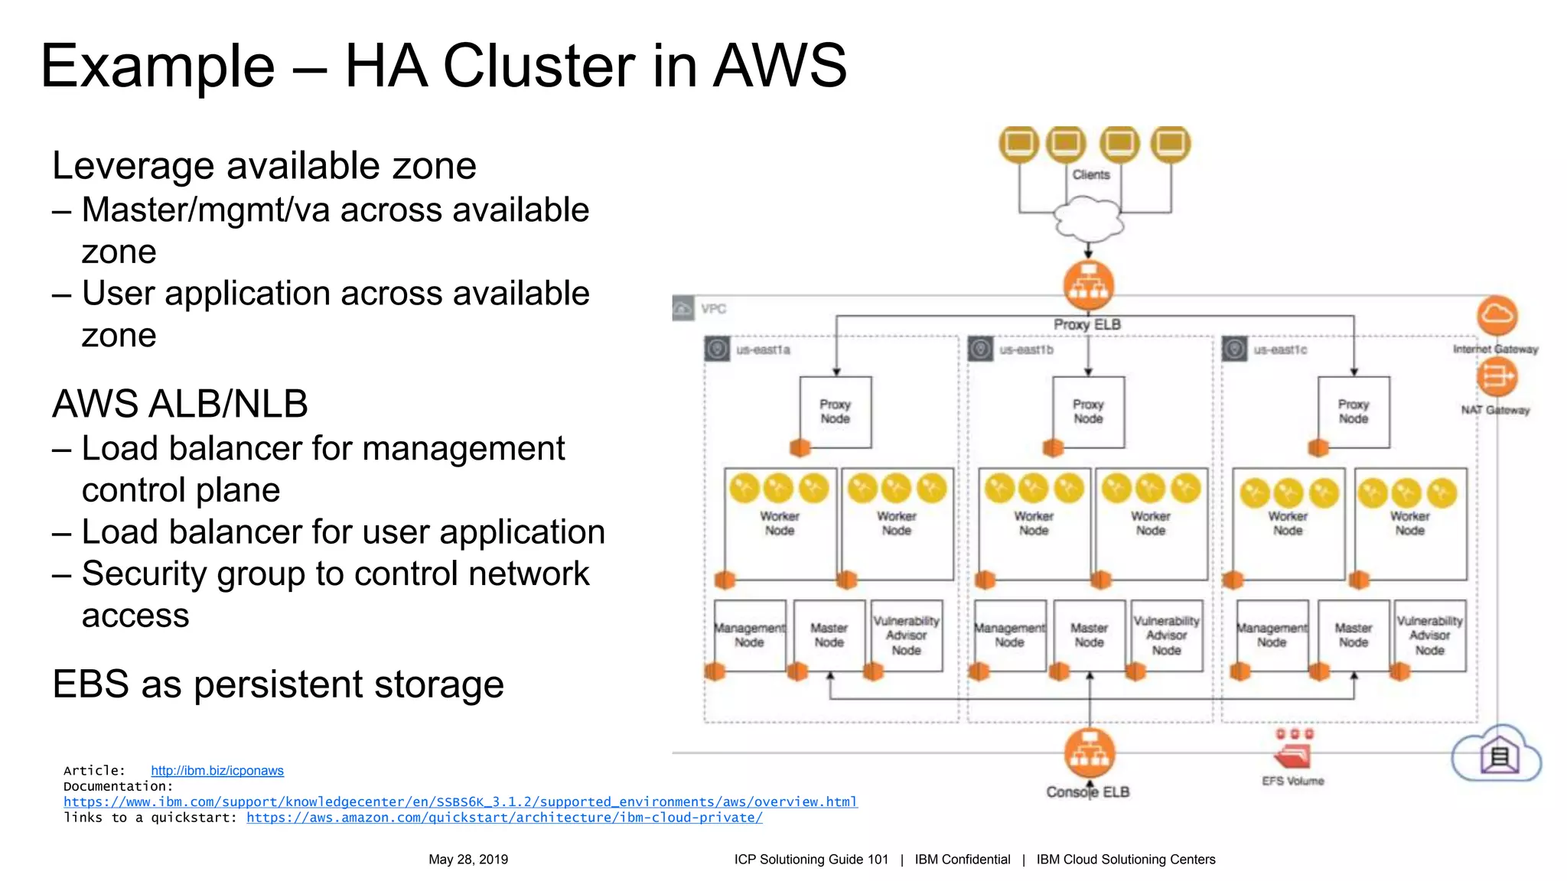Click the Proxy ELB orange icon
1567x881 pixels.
[1088, 285]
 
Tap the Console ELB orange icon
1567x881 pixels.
[1089, 753]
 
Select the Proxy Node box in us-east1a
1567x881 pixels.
[836, 411]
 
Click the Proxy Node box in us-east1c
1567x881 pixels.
[1353, 411]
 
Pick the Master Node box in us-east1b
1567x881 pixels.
[1089, 635]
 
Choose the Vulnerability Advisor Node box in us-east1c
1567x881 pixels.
[1429, 635]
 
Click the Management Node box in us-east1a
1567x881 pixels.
[749, 635]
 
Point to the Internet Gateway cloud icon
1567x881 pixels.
[1497, 315]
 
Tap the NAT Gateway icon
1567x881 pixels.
[1497, 376]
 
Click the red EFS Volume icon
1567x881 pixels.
[1293, 756]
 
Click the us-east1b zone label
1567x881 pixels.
[1026, 349]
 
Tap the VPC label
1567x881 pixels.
[713, 309]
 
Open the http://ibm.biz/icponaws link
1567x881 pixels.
[217, 770]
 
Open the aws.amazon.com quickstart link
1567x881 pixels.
[504, 818]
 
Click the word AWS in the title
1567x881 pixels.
[780, 66]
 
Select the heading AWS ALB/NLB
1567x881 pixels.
[180, 404]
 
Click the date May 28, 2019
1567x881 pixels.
[468, 860]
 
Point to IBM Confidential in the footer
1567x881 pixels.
[962, 860]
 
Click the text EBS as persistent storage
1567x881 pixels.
[278, 684]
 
